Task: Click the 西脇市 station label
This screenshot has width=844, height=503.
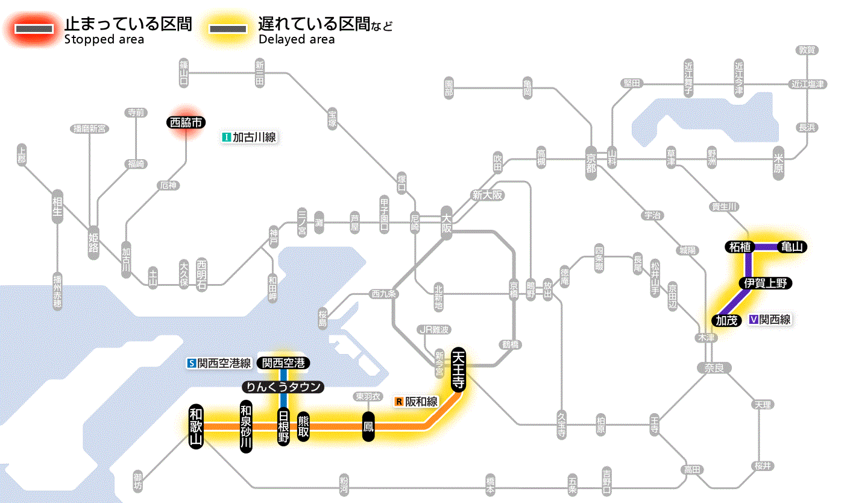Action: coord(186,122)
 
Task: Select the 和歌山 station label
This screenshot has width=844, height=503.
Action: coord(197,426)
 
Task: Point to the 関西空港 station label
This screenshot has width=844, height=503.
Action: coord(283,363)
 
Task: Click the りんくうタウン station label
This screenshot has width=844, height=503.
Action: coord(283,387)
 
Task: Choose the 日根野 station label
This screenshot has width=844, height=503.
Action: coord(283,426)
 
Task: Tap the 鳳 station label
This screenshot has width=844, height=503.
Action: coord(369,426)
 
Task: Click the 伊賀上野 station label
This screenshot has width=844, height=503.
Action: coord(766,283)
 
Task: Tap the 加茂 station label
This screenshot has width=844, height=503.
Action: coord(727,320)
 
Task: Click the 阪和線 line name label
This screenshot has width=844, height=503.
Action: coord(417,401)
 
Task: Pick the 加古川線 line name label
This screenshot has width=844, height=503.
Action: coord(249,138)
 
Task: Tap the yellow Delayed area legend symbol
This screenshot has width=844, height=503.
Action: coord(228,28)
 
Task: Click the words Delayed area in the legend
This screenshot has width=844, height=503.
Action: coord(296,40)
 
